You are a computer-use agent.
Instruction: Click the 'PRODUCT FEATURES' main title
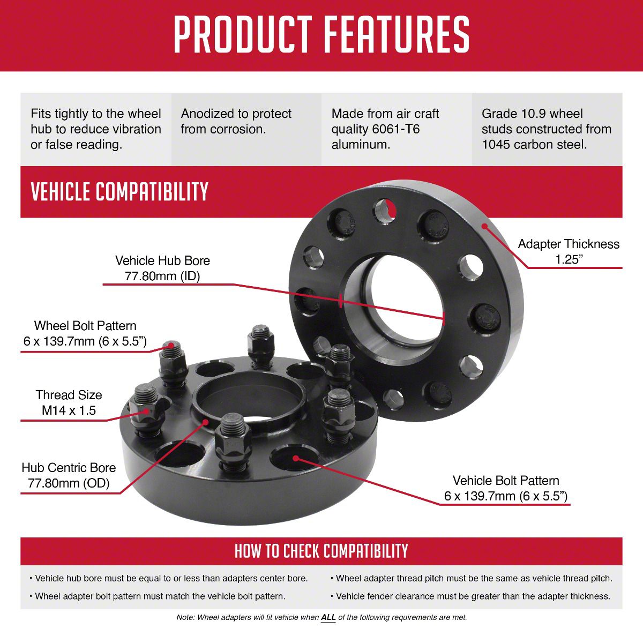coord(322,35)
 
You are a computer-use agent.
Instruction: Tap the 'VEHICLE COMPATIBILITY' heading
coord(119,191)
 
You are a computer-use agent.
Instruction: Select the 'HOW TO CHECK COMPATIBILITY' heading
coord(322,551)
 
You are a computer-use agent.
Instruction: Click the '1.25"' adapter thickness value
coord(569,259)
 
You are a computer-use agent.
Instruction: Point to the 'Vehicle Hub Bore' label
coord(162,260)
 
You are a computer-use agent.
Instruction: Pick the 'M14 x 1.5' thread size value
coord(69,410)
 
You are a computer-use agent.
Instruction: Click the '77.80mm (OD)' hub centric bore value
coord(69,483)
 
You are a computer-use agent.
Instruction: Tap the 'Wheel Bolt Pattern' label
coord(85,326)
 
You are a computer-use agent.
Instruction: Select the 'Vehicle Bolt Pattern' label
coord(506,481)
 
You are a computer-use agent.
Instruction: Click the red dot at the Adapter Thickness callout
coord(484,226)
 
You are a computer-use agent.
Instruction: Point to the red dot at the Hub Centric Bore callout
coord(206,422)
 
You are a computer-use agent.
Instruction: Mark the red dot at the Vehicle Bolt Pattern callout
coord(296,458)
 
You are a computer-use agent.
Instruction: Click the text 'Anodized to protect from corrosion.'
coord(236,122)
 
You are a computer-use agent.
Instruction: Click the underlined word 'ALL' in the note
coord(328,617)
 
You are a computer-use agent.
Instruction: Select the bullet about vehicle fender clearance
coord(470,596)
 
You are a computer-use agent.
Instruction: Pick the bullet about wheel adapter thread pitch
coord(472,578)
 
